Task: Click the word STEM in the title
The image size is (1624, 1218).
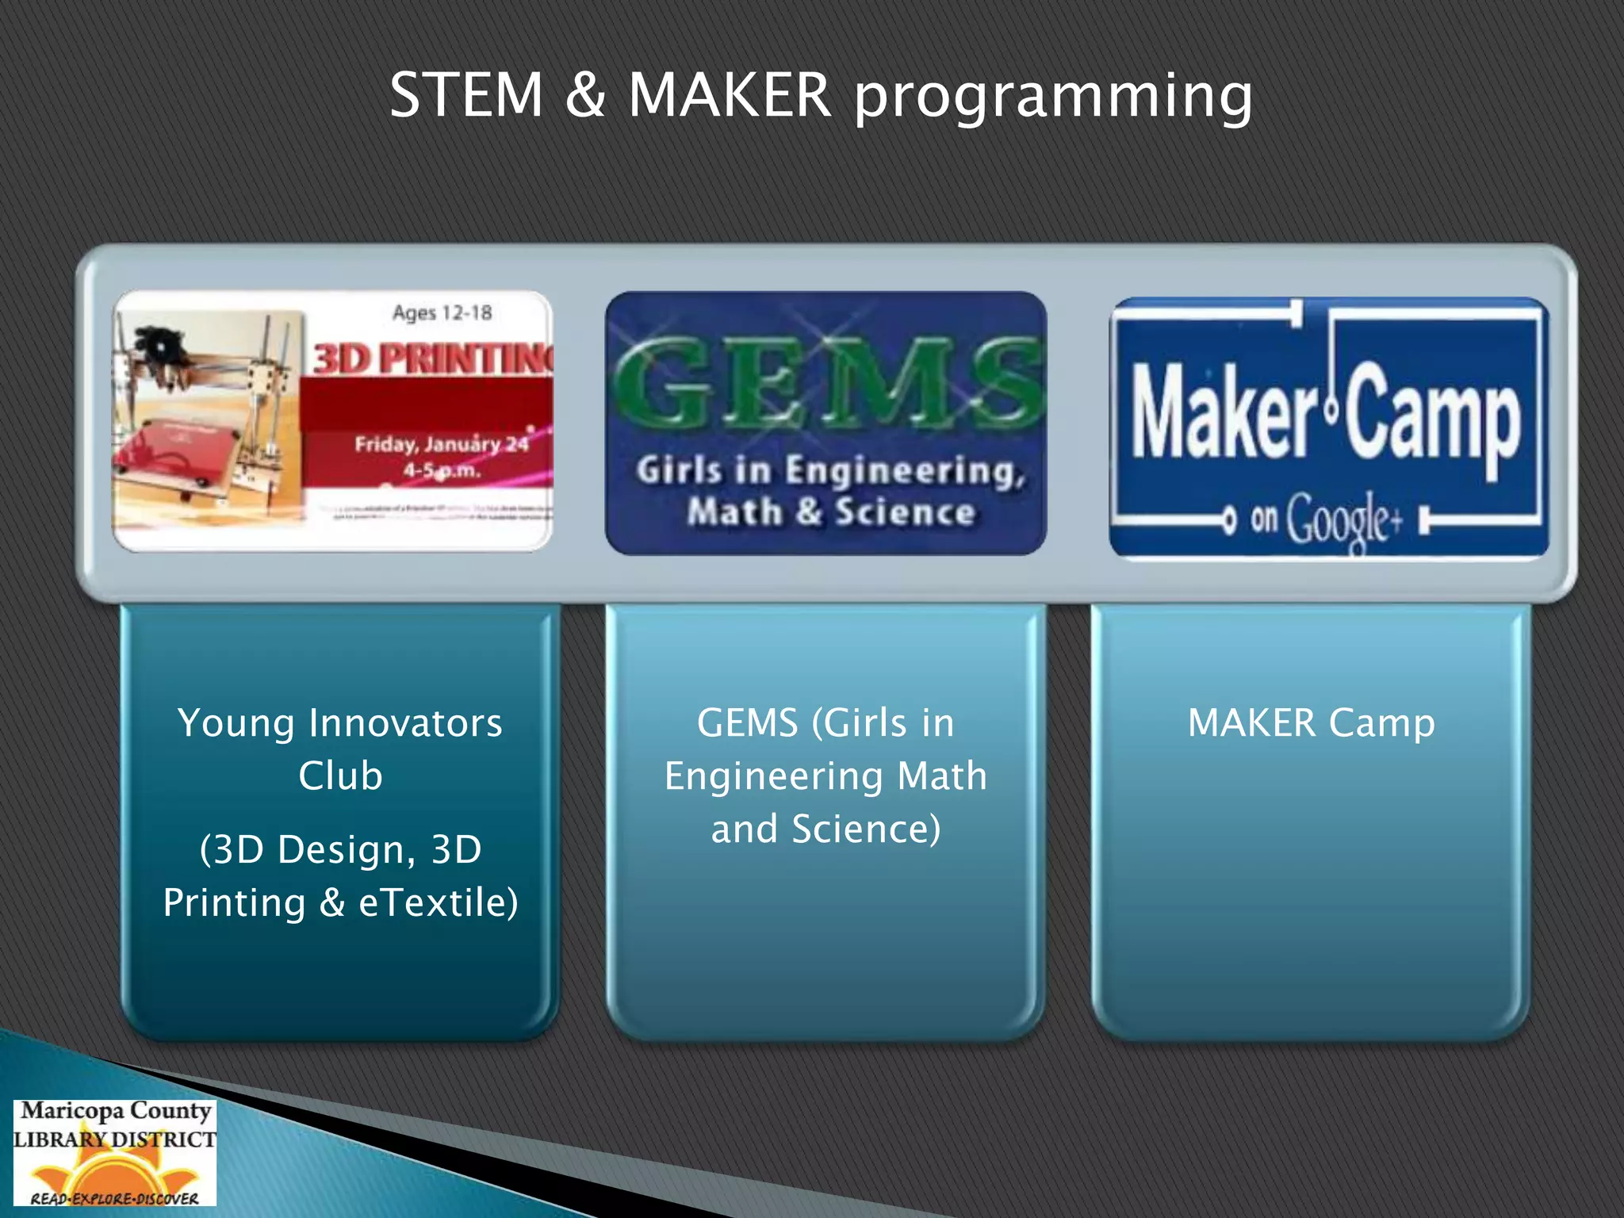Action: point(466,95)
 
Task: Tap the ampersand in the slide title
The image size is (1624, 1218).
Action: point(585,95)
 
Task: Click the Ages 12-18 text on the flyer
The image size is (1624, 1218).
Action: point(442,312)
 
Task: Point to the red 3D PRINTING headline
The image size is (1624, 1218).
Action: point(432,358)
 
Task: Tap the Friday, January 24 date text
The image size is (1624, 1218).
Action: point(441,444)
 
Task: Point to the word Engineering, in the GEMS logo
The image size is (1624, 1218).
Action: point(904,472)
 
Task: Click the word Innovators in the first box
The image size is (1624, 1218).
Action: point(404,723)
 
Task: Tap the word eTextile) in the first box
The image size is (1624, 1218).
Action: point(438,902)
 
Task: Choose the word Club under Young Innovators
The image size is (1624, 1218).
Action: point(340,776)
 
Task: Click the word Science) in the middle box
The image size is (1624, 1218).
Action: point(866,829)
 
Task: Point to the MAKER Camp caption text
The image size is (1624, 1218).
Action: point(1311,723)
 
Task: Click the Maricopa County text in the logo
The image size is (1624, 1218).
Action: point(116,1111)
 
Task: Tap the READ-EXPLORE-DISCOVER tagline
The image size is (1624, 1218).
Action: point(114,1198)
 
